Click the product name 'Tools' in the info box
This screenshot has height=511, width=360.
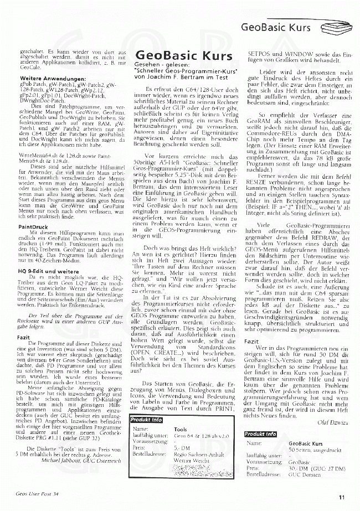tap(180, 429)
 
